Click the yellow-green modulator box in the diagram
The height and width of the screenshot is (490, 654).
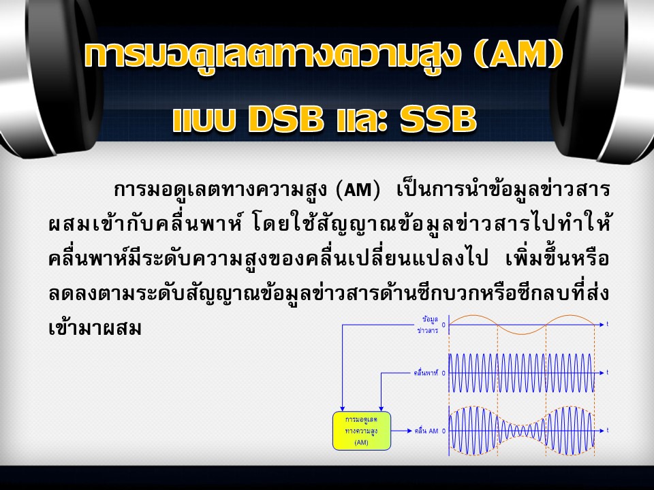[x=362, y=431]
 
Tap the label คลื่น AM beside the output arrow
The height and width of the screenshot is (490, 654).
[x=426, y=431]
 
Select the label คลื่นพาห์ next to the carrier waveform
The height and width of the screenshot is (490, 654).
[x=426, y=373]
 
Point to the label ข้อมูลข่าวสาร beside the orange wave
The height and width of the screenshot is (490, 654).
[x=428, y=325]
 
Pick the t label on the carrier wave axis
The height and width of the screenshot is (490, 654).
[x=607, y=372]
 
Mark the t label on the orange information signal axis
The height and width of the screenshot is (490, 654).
[x=607, y=324]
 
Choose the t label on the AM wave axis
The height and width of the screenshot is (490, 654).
[x=607, y=430]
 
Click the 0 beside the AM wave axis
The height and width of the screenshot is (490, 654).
[x=443, y=431]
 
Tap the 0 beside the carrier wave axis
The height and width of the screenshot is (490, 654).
[x=443, y=373]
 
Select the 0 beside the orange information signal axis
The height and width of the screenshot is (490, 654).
[x=443, y=325]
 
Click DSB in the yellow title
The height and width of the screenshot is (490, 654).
[x=285, y=118]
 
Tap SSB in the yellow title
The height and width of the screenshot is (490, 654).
[x=438, y=118]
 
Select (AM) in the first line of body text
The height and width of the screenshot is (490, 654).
[x=358, y=191]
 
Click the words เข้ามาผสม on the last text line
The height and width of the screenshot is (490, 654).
[x=95, y=328]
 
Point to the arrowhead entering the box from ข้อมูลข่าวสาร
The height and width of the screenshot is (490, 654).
[x=343, y=408]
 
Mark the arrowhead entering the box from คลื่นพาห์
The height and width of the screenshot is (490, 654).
[x=381, y=408]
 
